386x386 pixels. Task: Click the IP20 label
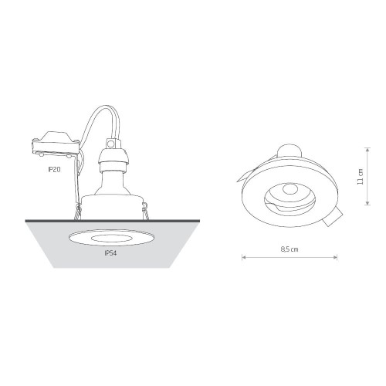(54, 169)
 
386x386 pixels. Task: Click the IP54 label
(110, 253)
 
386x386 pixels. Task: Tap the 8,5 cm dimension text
(289, 249)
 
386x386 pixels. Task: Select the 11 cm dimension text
(360, 177)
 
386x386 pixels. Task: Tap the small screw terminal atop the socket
(110, 144)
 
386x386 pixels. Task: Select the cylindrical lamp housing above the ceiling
(112, 208)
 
